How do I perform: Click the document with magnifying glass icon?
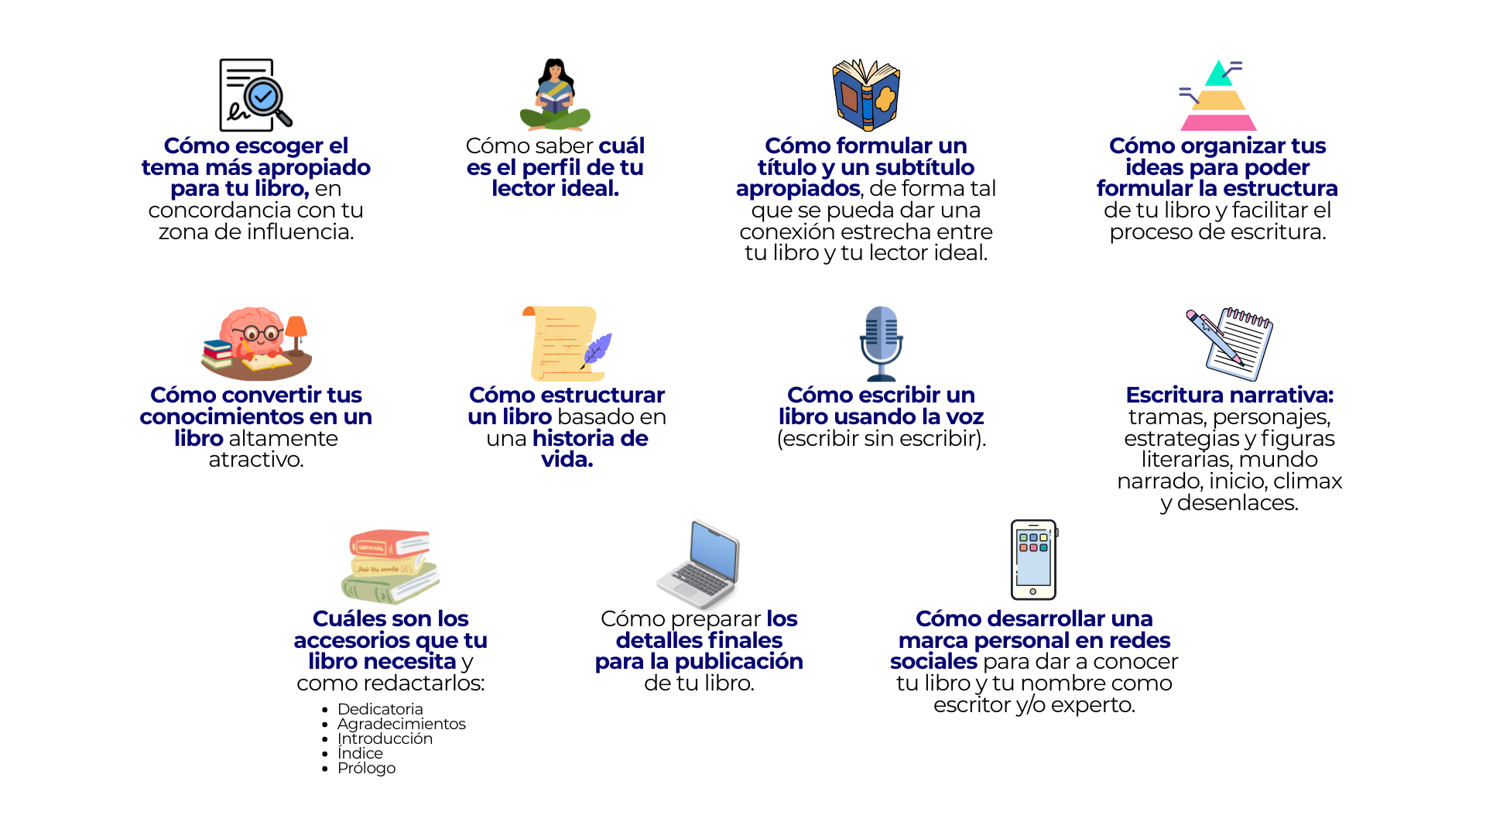pos(254,95)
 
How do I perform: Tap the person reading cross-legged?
pos(555,98)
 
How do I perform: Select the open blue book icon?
pos(866,95)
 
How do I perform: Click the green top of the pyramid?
pos(1219,74)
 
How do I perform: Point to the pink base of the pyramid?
pos(1218,122)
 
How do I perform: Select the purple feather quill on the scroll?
pos(597,349)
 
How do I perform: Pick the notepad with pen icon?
pos(1234,344)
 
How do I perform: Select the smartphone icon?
pos(1033,559)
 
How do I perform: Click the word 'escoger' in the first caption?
pos(279,146)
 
